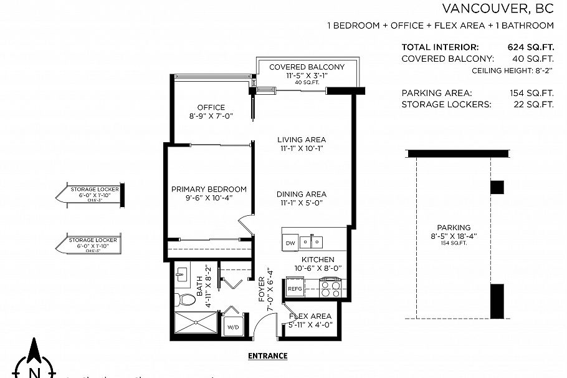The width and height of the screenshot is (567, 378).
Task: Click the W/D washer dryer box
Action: point(233,326)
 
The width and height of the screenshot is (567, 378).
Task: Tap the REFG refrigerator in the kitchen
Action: point(293,289)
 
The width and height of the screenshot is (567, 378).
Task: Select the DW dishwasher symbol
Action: point(290,243)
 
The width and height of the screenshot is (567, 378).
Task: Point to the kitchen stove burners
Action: point(330,289)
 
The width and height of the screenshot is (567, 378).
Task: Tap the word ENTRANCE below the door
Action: point(267,356)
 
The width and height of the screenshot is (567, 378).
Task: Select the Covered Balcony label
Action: point(307,67)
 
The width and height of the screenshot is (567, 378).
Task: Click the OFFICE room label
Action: point(211,107)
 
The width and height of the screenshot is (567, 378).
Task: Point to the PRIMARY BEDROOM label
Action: point(209,189)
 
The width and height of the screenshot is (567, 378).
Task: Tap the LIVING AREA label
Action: point(302,140)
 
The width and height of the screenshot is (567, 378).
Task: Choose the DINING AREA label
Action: point(302,194)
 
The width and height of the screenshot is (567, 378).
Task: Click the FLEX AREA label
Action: point(310,316)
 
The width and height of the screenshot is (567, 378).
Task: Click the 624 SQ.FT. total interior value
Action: point(531,47)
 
